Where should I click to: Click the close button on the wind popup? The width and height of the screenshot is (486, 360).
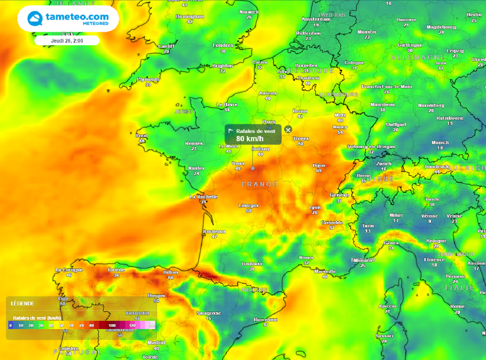pos(288,130)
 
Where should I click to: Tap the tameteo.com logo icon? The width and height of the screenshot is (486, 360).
pos(35,18)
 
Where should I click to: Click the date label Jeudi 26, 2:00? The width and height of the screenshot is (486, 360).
pos(67,40)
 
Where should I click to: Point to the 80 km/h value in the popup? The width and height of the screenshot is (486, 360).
pos(249,138)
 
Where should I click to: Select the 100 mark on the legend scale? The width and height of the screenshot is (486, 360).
pos(112,325)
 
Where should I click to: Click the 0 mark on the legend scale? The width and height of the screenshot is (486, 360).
pos(11,325)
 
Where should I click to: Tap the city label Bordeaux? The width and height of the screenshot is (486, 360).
pos(214,231)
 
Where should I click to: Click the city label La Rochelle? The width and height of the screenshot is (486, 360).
pos(204,197)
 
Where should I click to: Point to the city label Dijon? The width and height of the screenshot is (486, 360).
pos(319,165)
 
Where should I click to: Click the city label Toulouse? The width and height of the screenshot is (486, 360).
pos(252,264)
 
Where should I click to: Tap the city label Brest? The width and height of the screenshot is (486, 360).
pos(142,136)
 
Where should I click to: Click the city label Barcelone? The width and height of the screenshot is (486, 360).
pos(265,319)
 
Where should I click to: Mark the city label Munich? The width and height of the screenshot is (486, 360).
pos(440,143)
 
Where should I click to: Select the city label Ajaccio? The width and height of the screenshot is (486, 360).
pos(387,306)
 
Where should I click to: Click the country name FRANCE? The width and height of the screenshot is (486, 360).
pos(260,184)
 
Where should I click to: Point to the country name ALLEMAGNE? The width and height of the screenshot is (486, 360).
pos(418,57)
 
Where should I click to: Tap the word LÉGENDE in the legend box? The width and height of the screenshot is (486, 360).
pos(22,303)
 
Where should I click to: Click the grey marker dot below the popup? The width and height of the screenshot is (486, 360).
pos(252,168)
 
